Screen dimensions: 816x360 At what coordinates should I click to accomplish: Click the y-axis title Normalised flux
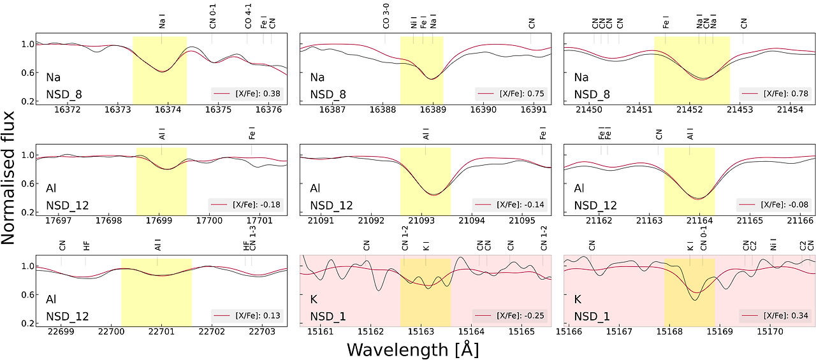tap(8, 178)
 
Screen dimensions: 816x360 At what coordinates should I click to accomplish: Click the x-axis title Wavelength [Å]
tap(412, 350)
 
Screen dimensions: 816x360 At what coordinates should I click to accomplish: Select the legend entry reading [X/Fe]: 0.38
tap(247, 94)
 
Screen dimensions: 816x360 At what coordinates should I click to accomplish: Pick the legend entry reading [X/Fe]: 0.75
tap(511, 94)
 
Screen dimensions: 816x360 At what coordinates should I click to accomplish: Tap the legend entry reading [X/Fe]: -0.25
tap(510, 315)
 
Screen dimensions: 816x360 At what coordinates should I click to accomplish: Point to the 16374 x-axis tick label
tap(168, 110)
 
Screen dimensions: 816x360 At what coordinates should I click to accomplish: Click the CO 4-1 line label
tap(248, 16)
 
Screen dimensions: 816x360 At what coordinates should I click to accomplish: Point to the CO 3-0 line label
tap(386, 16)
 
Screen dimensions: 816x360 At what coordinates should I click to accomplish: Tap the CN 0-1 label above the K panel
tap(703, 238)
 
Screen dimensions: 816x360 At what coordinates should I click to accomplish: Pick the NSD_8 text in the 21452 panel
tap(592, 95)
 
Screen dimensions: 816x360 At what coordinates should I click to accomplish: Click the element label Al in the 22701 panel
tap(51, 299)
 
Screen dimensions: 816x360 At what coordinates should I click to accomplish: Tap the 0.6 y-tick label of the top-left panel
tap(27, 73)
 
